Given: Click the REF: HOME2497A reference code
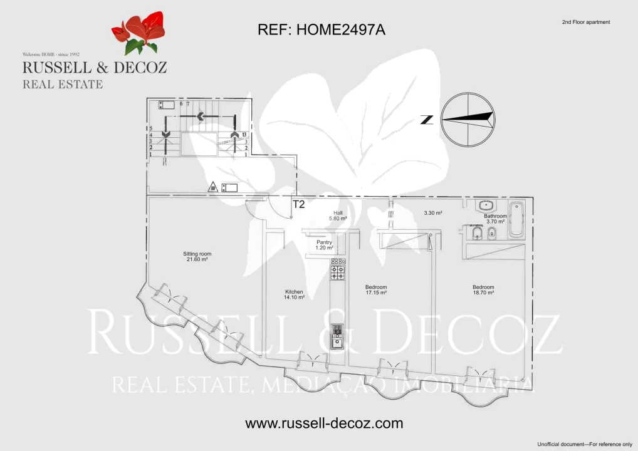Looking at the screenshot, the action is click(321, 29).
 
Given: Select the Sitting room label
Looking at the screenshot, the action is click(197, 257).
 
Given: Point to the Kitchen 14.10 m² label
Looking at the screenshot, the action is click(294, 295).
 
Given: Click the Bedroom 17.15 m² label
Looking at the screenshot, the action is click(376, 290).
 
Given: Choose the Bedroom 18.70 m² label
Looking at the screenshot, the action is click(483, 290).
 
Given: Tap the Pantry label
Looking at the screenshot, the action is click(324, 245).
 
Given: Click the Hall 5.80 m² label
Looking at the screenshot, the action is click(338, 215).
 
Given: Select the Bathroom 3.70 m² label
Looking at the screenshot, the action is click(495, 219).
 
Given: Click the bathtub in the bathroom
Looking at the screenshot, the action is click(516, 219).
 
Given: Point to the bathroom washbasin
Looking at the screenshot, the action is click(485, 205).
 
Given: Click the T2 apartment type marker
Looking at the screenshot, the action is click(298, 204).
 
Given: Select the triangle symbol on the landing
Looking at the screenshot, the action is click(214, 186).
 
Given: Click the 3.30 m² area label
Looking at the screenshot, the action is click(433, 213).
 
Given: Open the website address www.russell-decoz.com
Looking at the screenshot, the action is click(324, 423).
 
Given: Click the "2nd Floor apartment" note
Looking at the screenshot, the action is click(585, 23).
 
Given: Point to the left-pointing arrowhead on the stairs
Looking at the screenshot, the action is click(201, 116).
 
